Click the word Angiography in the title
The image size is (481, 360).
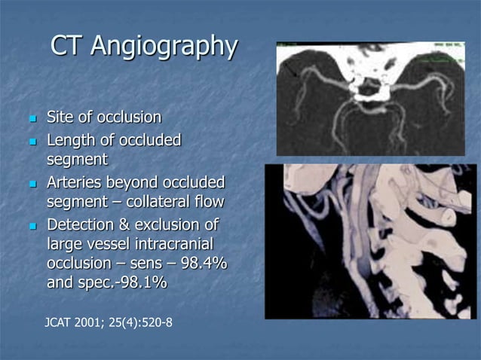164,46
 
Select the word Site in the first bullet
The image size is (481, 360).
60,117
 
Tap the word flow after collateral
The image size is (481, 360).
207,202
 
